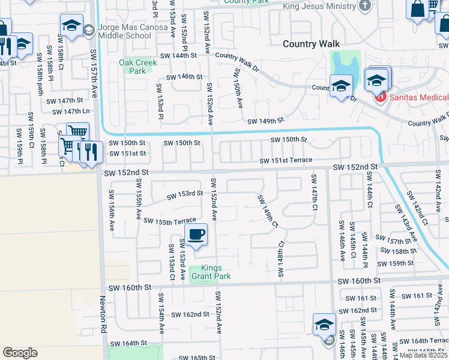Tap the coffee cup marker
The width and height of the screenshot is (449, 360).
[196, 235]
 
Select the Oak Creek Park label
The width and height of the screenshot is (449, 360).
[133, 66]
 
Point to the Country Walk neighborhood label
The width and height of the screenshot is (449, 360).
[311, 44]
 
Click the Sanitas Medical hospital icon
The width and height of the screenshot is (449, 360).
[379, 97]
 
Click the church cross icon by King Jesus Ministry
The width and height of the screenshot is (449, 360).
[364, 6]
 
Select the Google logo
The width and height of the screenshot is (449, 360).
[20, 353]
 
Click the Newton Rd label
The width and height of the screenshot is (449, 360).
[103, 317]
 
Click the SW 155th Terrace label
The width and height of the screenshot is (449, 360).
[170, 221]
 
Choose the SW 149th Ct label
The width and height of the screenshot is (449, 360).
[268, 211]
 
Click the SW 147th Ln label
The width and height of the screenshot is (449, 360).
[71, 112]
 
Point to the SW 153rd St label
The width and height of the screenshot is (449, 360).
[185, 193]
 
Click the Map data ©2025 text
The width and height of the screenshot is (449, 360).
[424, 355]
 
